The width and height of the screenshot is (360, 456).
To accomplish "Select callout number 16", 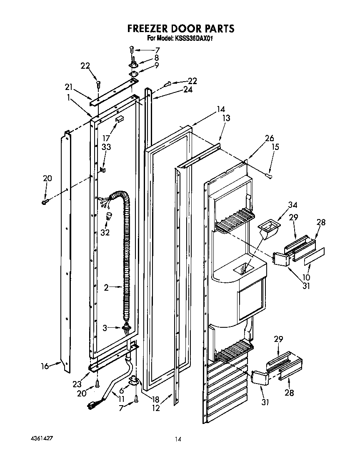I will pyautogui.click(x=45, y=366).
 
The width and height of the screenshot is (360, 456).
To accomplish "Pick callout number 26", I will pyautogui.click(x=270, y=138).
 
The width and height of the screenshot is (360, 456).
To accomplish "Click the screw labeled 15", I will pyautogui.click(x=270, y=177).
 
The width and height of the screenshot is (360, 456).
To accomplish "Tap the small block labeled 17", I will pyautogui.click(x=119, y=119).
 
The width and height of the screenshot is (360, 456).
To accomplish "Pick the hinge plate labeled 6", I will pyautogui.click(x=134, y=380).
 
